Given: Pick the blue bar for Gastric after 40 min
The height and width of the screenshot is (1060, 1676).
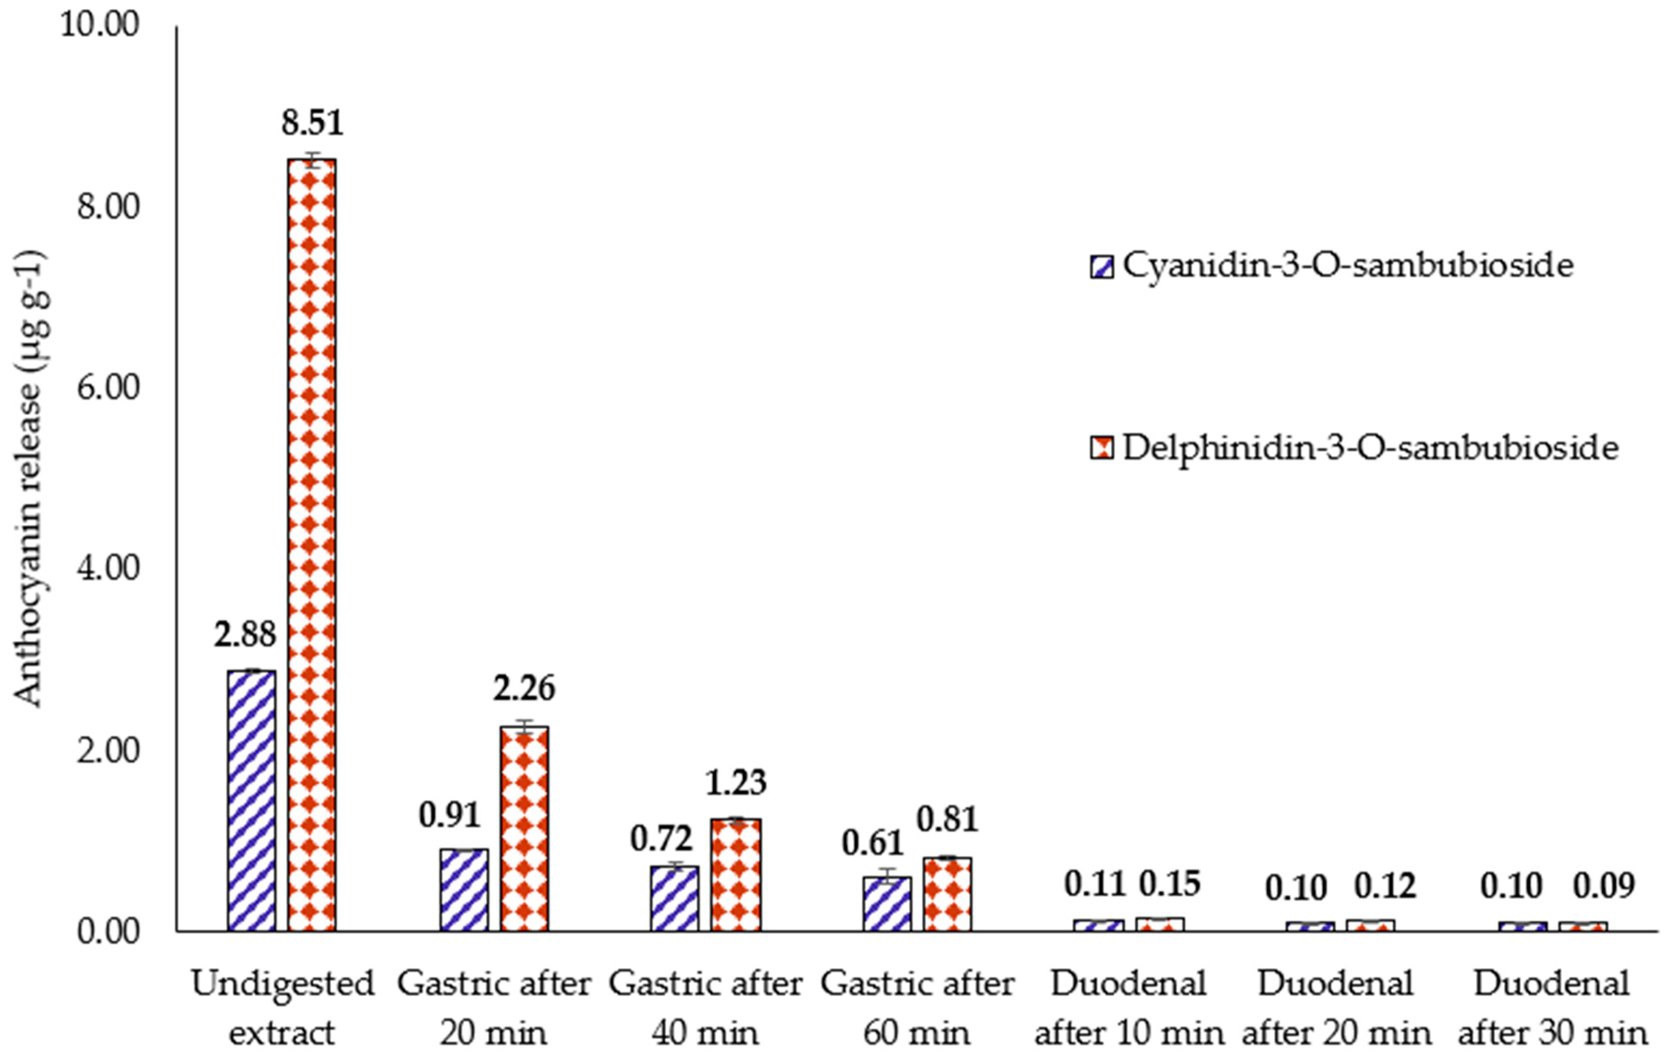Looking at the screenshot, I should pos(674,898).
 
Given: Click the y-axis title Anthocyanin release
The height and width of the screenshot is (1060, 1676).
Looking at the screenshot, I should pos(29,481).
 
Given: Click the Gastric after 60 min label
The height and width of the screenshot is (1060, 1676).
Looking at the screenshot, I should pos(917,1008).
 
